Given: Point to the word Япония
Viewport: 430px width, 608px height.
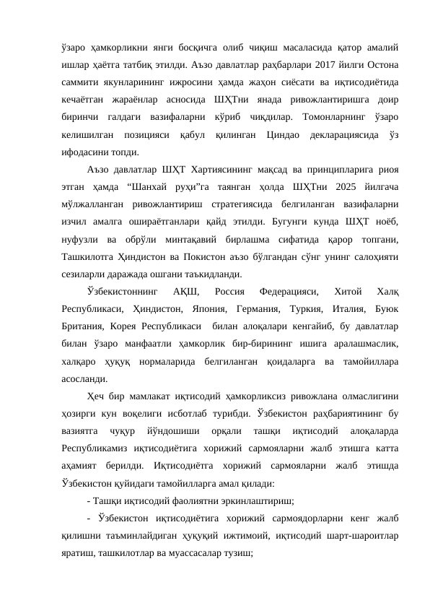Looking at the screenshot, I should [189, 308].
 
